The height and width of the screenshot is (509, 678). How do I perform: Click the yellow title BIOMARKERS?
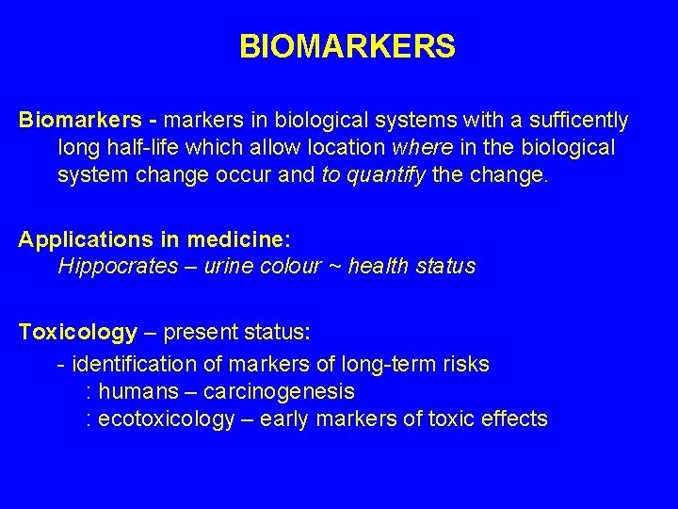click(x=347, y=46)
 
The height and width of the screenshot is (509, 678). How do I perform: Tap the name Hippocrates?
click(x=118, y=267)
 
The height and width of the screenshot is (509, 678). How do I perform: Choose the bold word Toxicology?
click(x=78, y=332)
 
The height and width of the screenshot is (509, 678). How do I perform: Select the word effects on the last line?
click(x=512, y=419)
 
